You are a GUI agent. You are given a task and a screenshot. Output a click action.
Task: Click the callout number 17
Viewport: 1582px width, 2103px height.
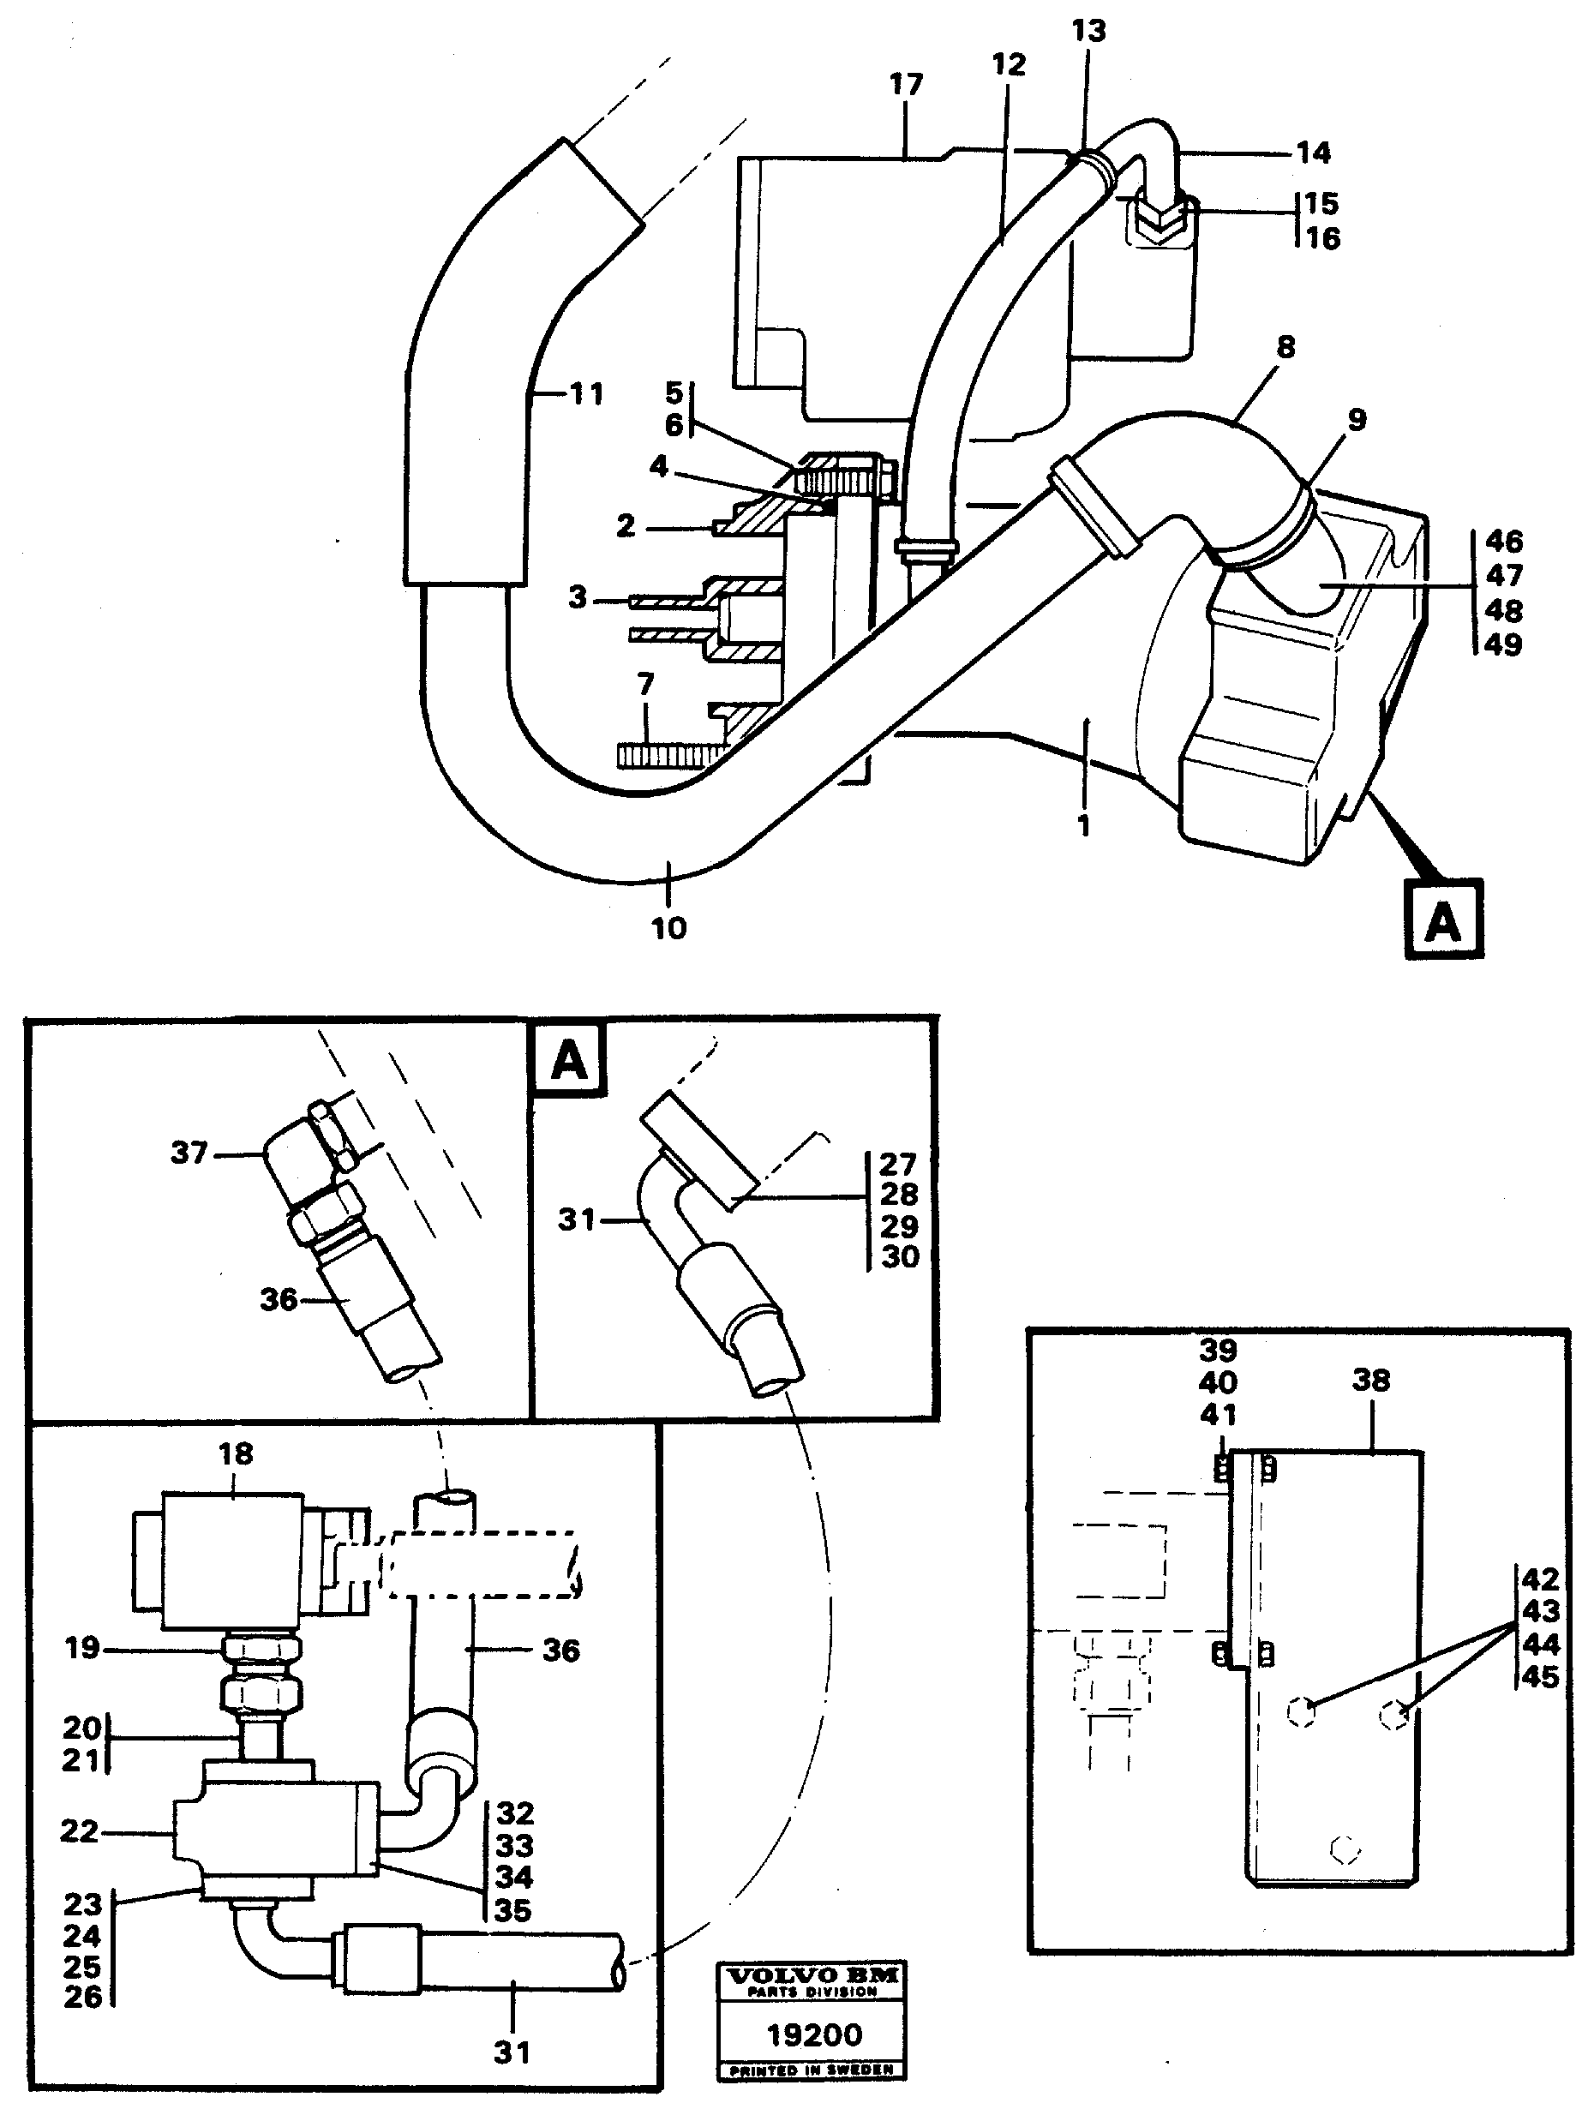pos(905,85)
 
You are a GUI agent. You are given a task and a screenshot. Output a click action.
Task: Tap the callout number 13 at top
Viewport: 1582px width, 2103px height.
pos(1088,32)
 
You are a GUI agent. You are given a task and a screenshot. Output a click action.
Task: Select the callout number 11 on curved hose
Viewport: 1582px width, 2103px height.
pos(586,393)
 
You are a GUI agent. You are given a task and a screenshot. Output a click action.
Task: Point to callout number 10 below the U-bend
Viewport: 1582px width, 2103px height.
pos(668,928)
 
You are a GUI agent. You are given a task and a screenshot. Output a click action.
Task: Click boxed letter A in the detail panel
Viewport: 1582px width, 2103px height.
pos(568,1059)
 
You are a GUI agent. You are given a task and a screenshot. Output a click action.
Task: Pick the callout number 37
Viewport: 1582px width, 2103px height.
pos(189,1153)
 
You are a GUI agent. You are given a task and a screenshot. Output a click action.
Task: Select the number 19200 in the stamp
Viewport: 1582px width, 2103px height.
pos(814,2034)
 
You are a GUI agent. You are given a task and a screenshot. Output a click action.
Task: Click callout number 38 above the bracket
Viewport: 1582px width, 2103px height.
pos(1370,1381)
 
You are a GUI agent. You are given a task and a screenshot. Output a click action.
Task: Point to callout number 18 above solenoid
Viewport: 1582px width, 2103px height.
pos(235,1453)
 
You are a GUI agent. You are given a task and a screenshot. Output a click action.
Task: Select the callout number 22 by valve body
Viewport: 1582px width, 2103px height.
pos(79,1831)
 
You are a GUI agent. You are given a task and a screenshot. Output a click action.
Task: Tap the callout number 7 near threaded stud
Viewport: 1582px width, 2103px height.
pos(645,684)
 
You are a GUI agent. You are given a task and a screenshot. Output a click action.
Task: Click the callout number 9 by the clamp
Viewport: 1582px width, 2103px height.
pos(1357,419)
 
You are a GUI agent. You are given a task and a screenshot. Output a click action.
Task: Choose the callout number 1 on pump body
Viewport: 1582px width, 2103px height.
pos(1084,825)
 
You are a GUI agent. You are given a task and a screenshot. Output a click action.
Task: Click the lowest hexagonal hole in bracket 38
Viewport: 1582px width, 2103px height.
pos(1345,1849)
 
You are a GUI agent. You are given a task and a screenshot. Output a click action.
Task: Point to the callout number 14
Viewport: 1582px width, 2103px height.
pos(1313,153)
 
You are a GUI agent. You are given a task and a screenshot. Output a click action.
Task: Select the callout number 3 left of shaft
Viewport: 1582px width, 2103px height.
pos(577,598)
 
